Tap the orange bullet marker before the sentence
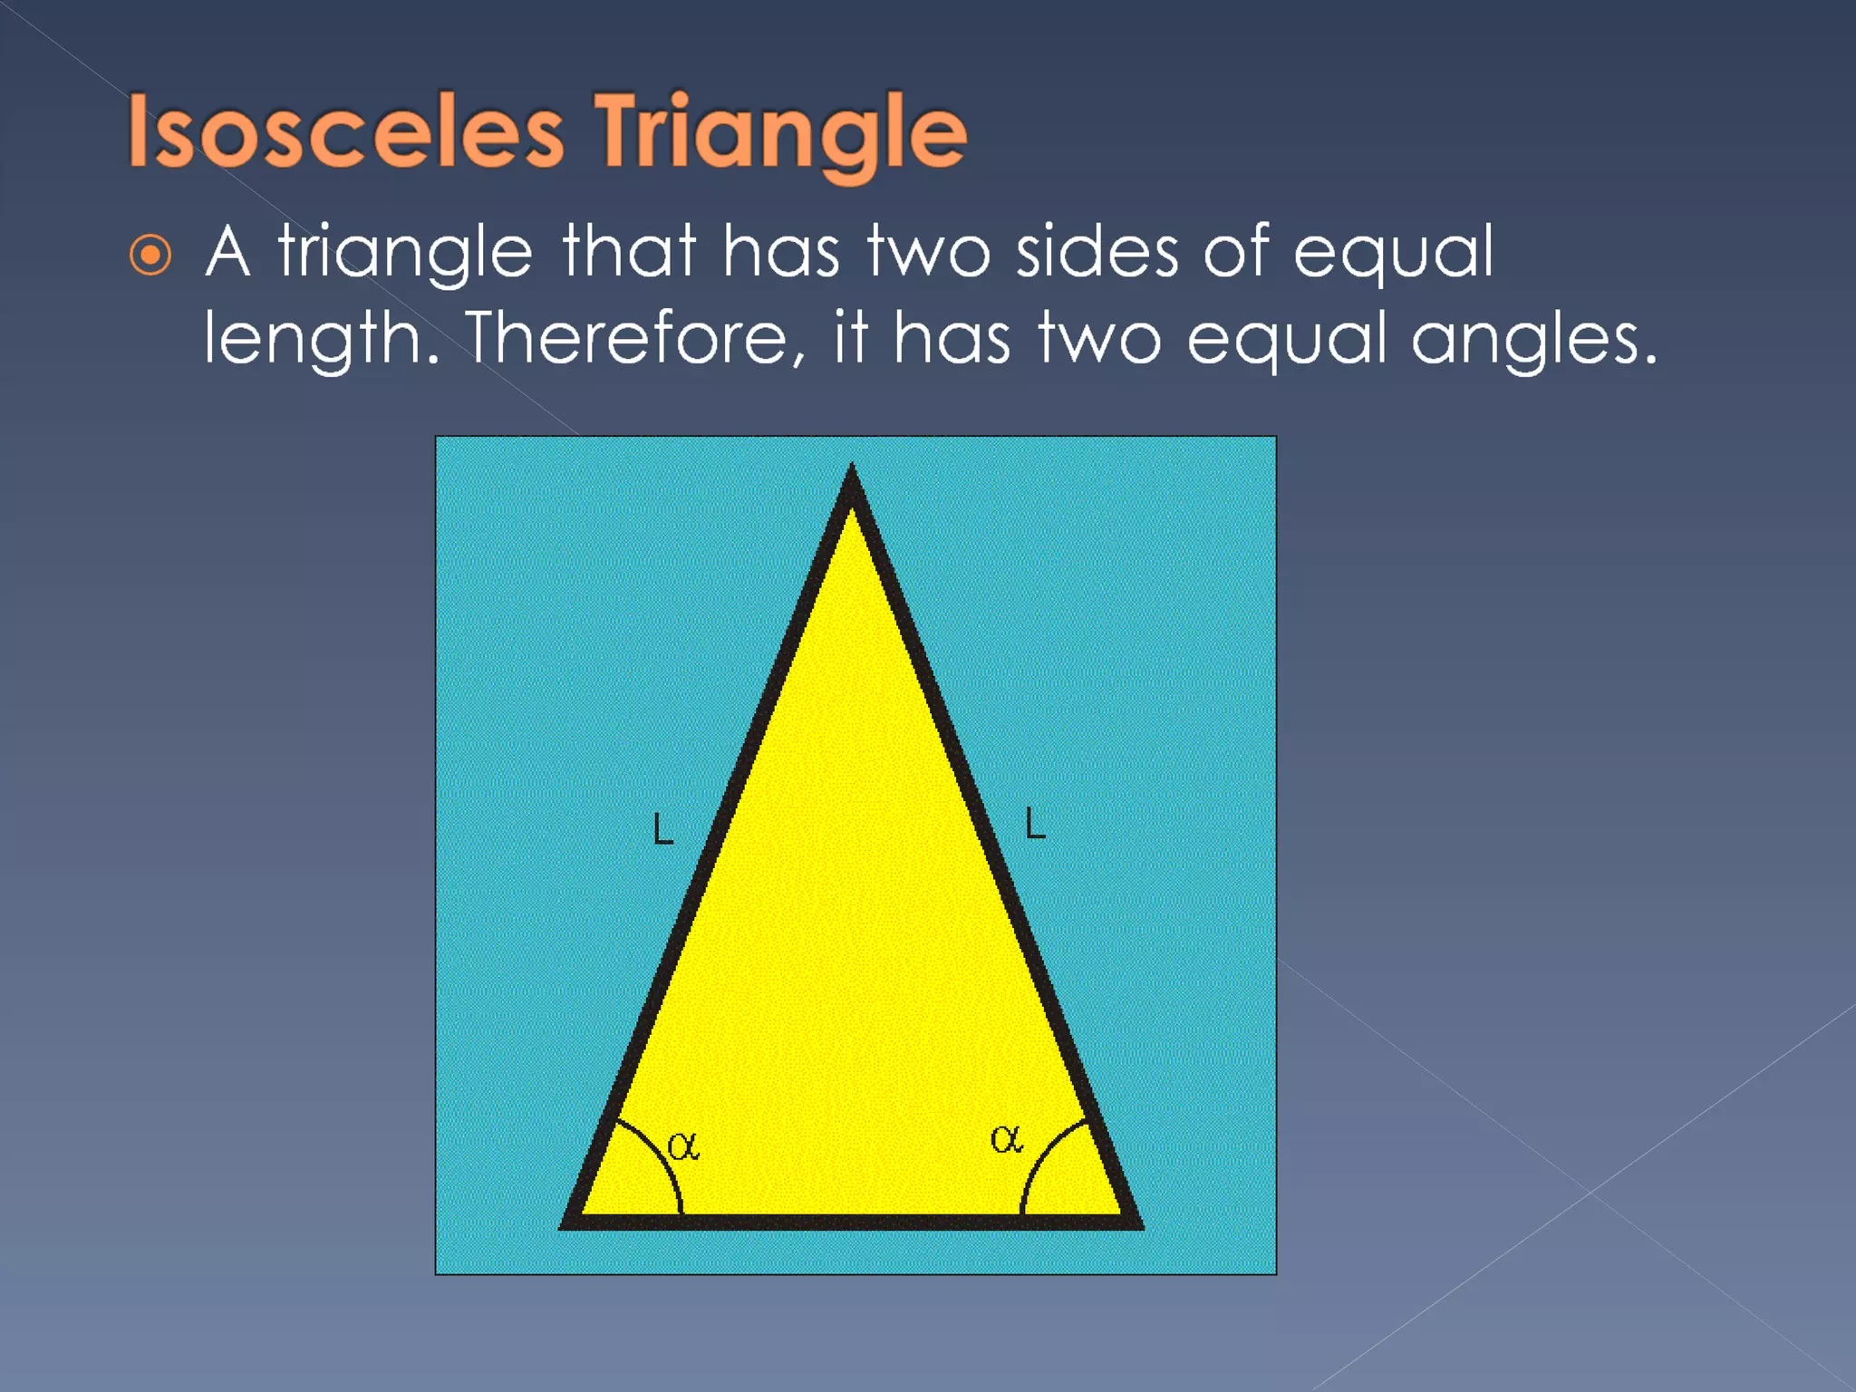pyautogui.click(x=150, y=255)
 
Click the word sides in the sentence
pyautogui.click(x=1097, y=252)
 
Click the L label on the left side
pyautogui.click(x=663, y=828)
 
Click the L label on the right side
pyautogui.click(x=1035, y=823)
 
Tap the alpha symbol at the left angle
pyautogui.click(x=683, y=1147)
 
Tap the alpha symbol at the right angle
pyautogui.click(x=1006, y=1140)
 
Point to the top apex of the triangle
pyautogui.click(x=851, y=475)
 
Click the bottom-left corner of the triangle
pyautogui.click(x=567, y=1223)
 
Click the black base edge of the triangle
pyautogui.click(x=852, y=1222)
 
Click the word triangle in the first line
pyautogui.click(x=405, y=254)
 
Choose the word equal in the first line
pyautogui.click(x=1393, y=254)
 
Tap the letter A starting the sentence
pyautogui.click(x=227, y=251)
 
